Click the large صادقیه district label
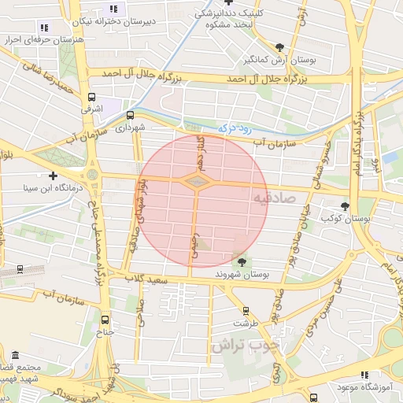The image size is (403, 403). tap(274, 197)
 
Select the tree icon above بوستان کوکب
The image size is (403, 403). tap(345, 206)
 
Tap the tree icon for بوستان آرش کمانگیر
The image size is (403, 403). tap(280, 47)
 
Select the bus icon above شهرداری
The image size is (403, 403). tap(130, 115)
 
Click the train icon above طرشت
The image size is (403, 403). tap(246, 311)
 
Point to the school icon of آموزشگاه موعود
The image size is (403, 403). tap(363, 375)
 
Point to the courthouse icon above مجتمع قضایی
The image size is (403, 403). tap(16, 355)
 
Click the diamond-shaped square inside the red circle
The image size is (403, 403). tap(197, 181)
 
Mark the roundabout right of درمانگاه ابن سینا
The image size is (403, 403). tap(92, 174)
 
